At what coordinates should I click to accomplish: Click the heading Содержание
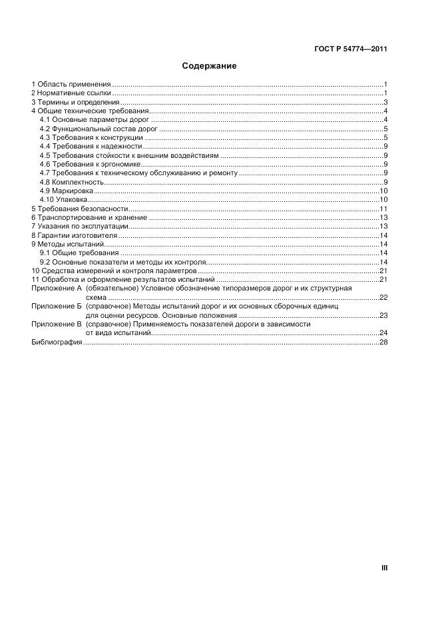209,67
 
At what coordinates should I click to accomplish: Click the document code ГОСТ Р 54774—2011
351,49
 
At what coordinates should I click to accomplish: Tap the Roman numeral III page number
384,568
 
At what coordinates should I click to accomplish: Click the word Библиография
57,342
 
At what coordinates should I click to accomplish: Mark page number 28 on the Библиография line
383,342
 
